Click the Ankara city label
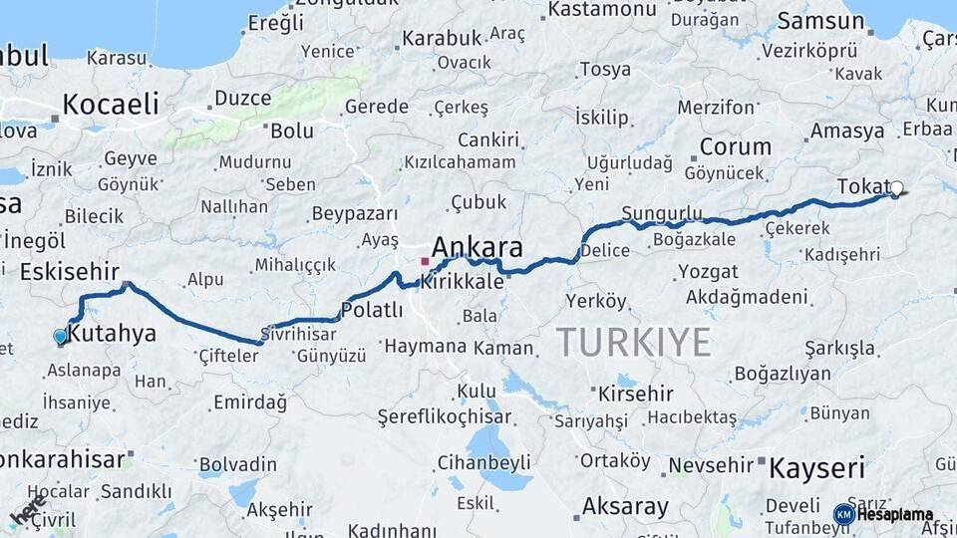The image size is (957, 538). coord(478,247)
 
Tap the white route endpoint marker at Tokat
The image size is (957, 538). coord(896,187)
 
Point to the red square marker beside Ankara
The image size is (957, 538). coord(425,262)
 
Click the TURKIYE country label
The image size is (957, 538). coord(633,342)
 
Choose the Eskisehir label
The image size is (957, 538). coord(70,272)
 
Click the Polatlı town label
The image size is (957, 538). coord(372,310)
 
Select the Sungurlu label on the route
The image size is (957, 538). coord(661,213)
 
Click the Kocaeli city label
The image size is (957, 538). coord(111,104)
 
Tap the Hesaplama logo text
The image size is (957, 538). coord(894,515)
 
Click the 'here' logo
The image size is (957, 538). coord(27,510)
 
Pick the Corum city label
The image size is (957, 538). coord(736,146)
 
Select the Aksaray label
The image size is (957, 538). coord(625,506)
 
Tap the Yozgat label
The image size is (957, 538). coord(708,271)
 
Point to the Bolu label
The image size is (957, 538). coord(292,131)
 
